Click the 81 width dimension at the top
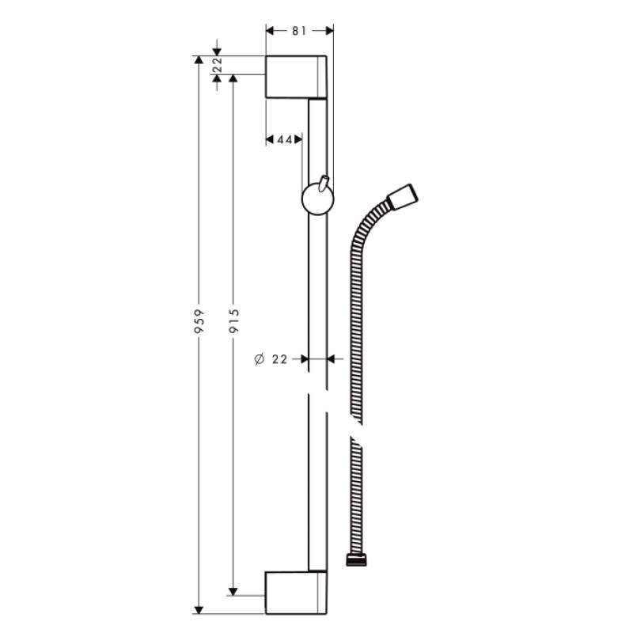tap(298, 31)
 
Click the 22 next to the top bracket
tap(217, 66)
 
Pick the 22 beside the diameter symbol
tap(279, 359)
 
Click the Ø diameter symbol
tap(258, 359)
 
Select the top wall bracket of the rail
tap(294, 77)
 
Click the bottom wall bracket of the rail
tap(294, 591)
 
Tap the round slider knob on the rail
tap(317, 199)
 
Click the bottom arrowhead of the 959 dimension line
tap(199, 608)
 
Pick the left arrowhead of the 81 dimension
tap(270, 31)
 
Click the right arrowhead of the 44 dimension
tap(298, 139)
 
